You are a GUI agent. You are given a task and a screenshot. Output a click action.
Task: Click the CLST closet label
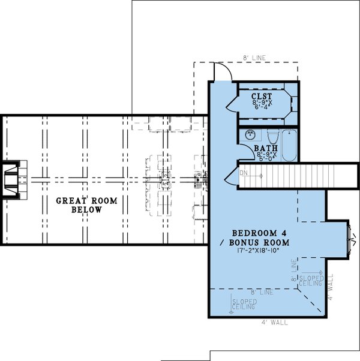point(262,96)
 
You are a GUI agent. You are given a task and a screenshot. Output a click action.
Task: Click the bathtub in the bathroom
point(289,145)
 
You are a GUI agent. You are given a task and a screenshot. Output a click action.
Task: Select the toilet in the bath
point(272,137)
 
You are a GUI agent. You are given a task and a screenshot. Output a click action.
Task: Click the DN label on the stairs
point(244,173)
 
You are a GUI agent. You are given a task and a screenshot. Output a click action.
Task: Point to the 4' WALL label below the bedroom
point(275,322)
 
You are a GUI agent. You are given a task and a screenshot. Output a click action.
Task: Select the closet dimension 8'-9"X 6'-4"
point(262,106)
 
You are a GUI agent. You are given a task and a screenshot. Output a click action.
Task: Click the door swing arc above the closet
point(222,70)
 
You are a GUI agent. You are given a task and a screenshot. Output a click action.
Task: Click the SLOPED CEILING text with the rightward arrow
point(311,281)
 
